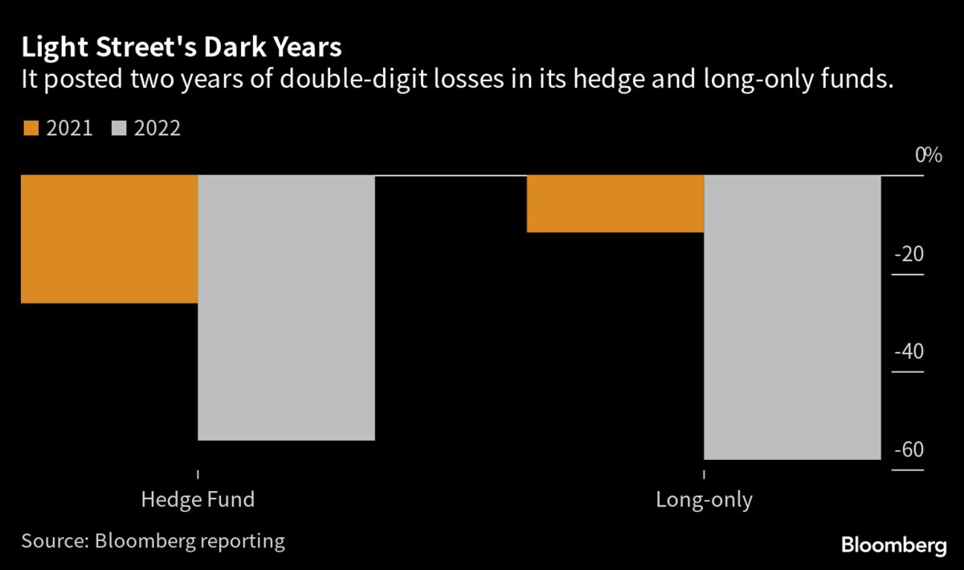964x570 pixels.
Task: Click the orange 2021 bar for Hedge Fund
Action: (x=109, y=239)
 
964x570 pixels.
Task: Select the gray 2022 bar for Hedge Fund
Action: (x=287, y=307)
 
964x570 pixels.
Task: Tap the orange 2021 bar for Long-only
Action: (x=615, y=203)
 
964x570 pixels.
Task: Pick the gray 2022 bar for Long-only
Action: (x=793, y=317)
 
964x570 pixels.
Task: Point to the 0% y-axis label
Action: (x=928, y=155)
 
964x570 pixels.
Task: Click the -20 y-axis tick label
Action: (x=909, y=255)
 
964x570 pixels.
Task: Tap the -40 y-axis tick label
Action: (x=909, y=352)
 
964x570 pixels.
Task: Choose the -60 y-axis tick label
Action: (x=909, y=450)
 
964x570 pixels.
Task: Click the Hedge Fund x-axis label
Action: (x=198, y=499)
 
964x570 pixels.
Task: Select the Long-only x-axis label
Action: (x=704, y=500)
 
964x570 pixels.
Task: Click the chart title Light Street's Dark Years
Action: (x=182, y=47)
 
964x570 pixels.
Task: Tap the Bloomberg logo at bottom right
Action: (x=893, y=546)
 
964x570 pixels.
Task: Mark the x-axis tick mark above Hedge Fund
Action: (x=198, y=475)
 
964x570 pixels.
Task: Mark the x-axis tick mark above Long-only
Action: (x=704, y=475)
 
